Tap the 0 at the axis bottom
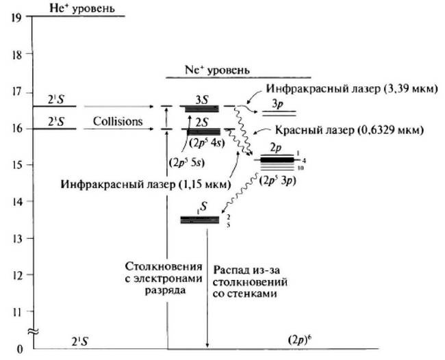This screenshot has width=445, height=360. [19, 349]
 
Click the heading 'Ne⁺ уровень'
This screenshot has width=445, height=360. [217, 70]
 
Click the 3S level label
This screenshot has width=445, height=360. [202, 99]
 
